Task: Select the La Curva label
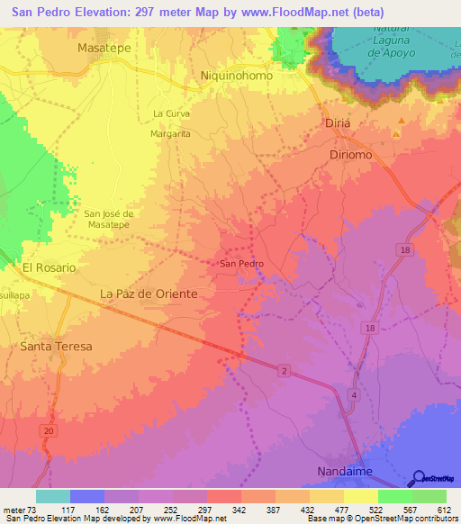click(x=170, y=113)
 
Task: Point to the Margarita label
click(x=170, y=133)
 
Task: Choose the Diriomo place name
click(x=348, y=155)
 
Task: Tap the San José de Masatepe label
click(x=109, y=219)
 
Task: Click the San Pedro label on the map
click(x=241, y=264)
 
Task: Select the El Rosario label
click(x=50, y=267)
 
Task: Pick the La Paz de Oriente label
click(x=149, y=294)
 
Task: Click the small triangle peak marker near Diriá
click(x=395, y=135)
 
